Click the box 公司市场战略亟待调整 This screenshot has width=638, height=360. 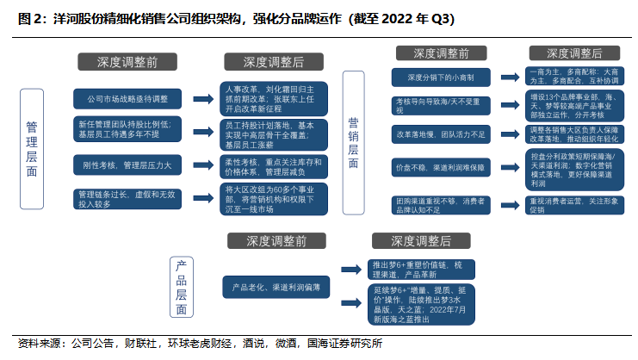[127, 97]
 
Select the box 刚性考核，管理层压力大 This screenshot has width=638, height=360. [127, 164]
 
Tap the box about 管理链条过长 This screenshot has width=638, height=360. [127, 199]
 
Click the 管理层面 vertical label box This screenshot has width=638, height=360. [31, 148]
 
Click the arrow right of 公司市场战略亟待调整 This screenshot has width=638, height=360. [205, 97]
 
